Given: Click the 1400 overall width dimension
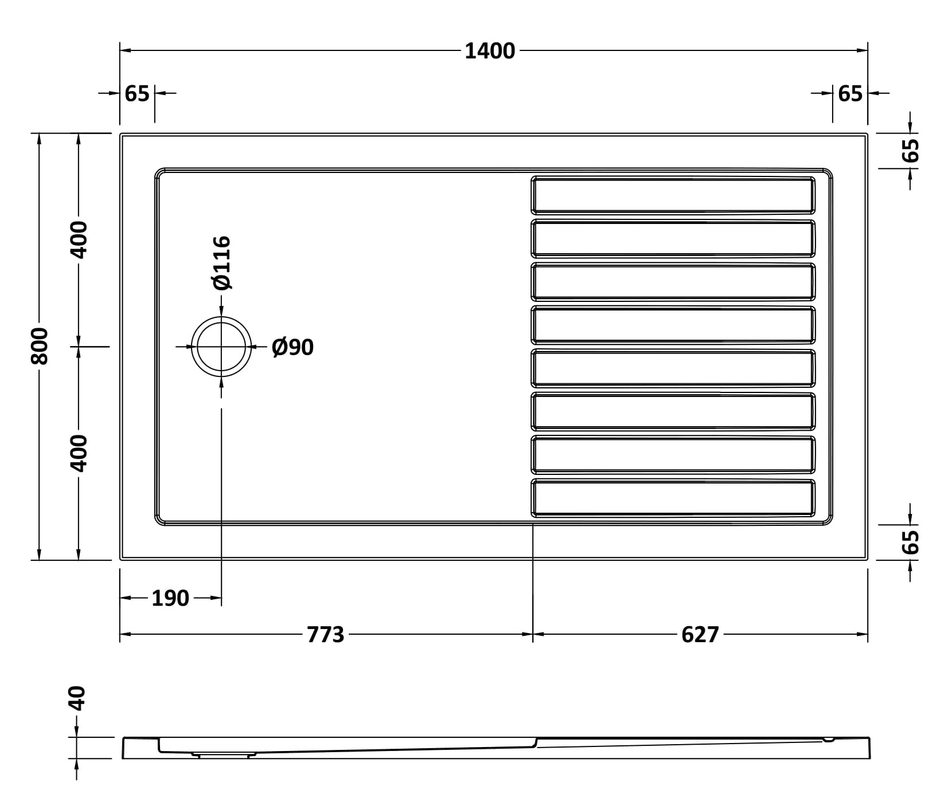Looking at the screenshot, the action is coord(490,51).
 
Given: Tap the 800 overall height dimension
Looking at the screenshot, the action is coord(40,346).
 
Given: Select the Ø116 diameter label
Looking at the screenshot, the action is coord(221,262).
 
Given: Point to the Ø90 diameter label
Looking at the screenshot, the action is coord(292,347).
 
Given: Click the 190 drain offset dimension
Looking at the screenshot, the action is coord(170,598).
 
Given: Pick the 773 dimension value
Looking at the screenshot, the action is coord(326,635).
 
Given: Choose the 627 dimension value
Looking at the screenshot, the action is coord(700,635).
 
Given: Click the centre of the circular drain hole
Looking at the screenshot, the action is coord(221,347).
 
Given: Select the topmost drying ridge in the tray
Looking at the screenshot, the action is coord(673,195).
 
